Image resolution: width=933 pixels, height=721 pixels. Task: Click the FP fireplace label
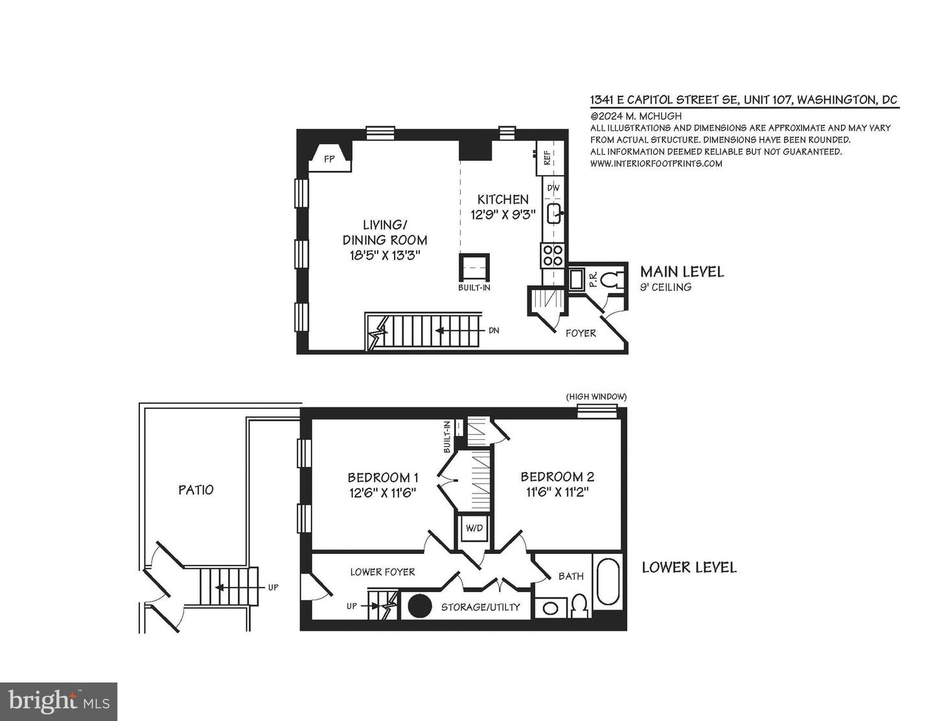pos(329,159)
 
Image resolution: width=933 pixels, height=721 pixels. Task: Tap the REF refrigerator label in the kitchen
pos(547,157)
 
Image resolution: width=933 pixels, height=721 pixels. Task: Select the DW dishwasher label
pos(553,188)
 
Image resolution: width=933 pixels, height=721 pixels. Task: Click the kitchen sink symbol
pos(555,213)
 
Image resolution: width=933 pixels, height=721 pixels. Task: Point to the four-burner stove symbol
pos(553,255)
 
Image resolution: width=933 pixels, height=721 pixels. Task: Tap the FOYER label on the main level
pos(581,333)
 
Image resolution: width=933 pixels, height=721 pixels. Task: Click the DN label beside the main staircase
pos(494,330)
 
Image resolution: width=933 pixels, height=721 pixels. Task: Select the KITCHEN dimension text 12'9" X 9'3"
pos(503,214)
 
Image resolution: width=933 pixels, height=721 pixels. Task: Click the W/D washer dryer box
pos(474,529)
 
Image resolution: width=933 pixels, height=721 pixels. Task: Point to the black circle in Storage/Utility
pos(419,606)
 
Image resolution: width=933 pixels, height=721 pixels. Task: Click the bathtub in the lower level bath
pos(608,580)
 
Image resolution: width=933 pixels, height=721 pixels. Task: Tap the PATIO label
pos(196,490)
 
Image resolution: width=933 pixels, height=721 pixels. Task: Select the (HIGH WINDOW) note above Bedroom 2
pos(596,396)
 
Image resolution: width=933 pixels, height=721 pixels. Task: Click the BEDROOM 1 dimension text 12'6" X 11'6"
pos(382,492)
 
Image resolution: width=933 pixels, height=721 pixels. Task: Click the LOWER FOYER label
pos(382,571)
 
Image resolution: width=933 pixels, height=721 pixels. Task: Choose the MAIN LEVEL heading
pos(682,271)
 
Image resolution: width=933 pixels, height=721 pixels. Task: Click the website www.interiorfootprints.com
pos(656,163)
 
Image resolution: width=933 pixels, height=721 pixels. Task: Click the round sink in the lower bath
pos(551,608)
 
